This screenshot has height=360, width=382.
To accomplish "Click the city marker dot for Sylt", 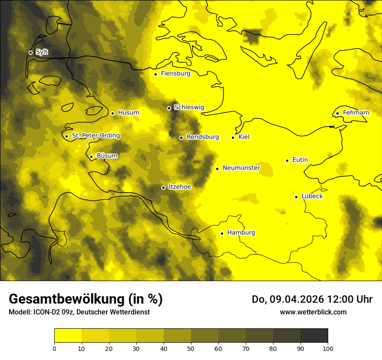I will (30, 52).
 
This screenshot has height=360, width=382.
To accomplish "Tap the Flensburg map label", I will (175, 74).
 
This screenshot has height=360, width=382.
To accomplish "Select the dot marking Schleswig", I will (169, 108).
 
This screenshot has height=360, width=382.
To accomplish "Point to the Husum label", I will (128, 113).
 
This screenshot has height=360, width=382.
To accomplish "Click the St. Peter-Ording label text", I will (95, 136).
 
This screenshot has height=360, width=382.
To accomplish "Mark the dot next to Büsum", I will (91, 157).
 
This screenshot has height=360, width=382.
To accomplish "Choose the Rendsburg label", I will (202, 137).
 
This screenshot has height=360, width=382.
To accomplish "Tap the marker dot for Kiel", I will (233, 137).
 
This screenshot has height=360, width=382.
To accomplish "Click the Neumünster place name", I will (241, 168).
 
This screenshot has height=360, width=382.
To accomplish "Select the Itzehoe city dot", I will (163, 187).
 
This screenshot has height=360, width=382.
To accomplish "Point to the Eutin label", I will (300, 160).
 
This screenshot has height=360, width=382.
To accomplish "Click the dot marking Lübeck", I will (296, 197).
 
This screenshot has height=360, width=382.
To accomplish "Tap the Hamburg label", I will (241, 233).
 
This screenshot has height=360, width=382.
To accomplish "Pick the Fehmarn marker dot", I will (337, 114).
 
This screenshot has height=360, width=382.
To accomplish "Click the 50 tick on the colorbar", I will (191, 348).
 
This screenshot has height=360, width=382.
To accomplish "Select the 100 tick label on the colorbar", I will (328, 348).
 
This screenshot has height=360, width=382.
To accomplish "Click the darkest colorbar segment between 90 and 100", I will (314, 335).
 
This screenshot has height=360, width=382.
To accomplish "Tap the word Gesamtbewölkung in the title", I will (66, 299).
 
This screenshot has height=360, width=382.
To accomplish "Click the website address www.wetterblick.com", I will (313, 312).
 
